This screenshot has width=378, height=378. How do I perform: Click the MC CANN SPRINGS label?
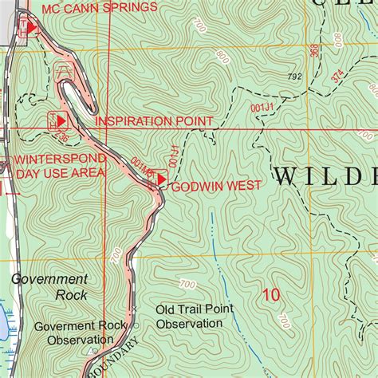tap(99, 8)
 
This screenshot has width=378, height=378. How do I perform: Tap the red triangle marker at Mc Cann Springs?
tap(31, 28)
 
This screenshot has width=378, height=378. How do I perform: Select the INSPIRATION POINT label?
tap(154, 121)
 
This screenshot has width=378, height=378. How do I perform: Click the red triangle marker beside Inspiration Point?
tap(61, 120)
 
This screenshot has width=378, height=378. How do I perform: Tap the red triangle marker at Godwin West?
tap(162, 181)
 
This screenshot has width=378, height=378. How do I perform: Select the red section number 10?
tap(271, 295)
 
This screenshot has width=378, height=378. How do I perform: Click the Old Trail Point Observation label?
tap(188, 316)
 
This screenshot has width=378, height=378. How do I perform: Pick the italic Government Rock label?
tap(49, 287)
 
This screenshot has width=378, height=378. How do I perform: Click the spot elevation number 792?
tap(294, 77)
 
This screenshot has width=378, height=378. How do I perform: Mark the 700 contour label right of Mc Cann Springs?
tap(199, 28)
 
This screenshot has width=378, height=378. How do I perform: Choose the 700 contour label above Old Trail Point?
tap(187, 285)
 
